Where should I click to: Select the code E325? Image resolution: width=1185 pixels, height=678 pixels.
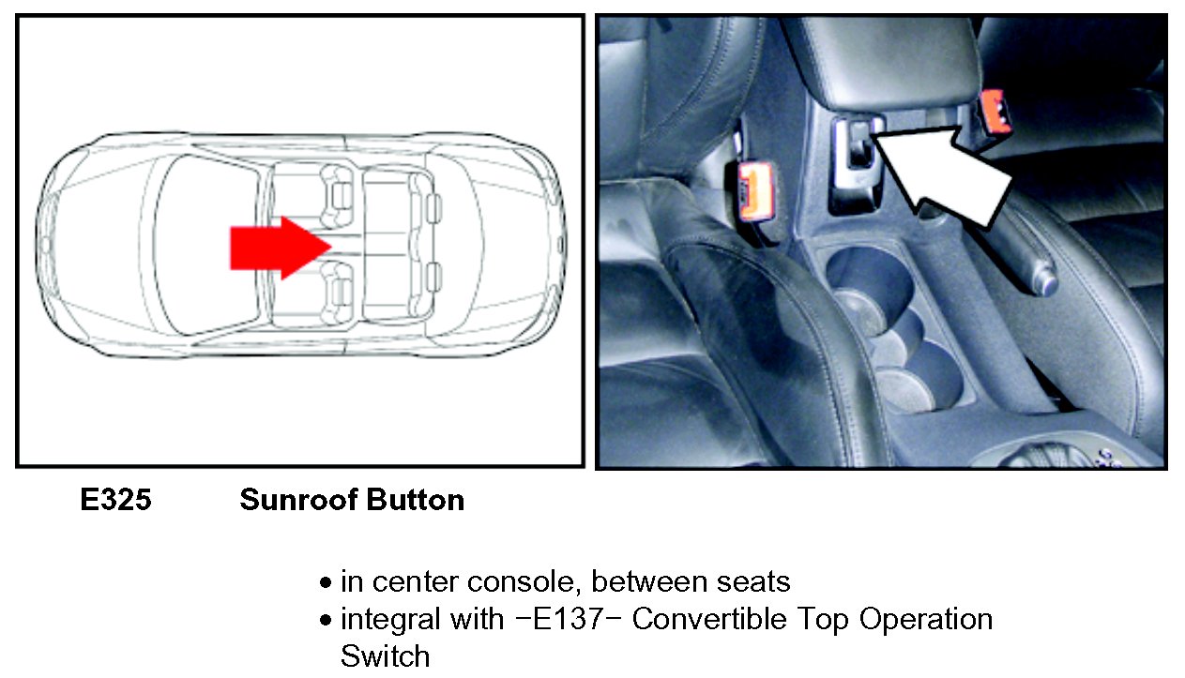pyautogui.click(x=115, y=500)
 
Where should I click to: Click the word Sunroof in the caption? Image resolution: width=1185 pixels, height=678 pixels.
pyautogui.click(x=299, y=500)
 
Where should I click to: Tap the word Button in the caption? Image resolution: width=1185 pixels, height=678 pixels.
pyautogui.click(x=416, y=500)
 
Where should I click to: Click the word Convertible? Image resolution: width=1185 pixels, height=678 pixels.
pyautogui.click(x=709, y=619)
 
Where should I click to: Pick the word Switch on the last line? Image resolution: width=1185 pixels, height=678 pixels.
pyautogui.click(x=385, y=656)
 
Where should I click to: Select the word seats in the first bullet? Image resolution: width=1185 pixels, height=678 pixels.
pyautogui.click(x=753, y=581)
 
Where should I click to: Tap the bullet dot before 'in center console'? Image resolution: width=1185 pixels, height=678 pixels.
pyautogui.click(x=326, y=582)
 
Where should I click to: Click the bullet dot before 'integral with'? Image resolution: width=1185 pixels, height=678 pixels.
pyautogui.click(x=326, y=620)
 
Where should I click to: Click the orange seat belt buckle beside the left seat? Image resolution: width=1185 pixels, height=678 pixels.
pyautogui.click(x=755, y=190)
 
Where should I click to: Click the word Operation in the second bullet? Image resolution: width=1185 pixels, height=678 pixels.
pyautogui.click(x=926, y=620)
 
